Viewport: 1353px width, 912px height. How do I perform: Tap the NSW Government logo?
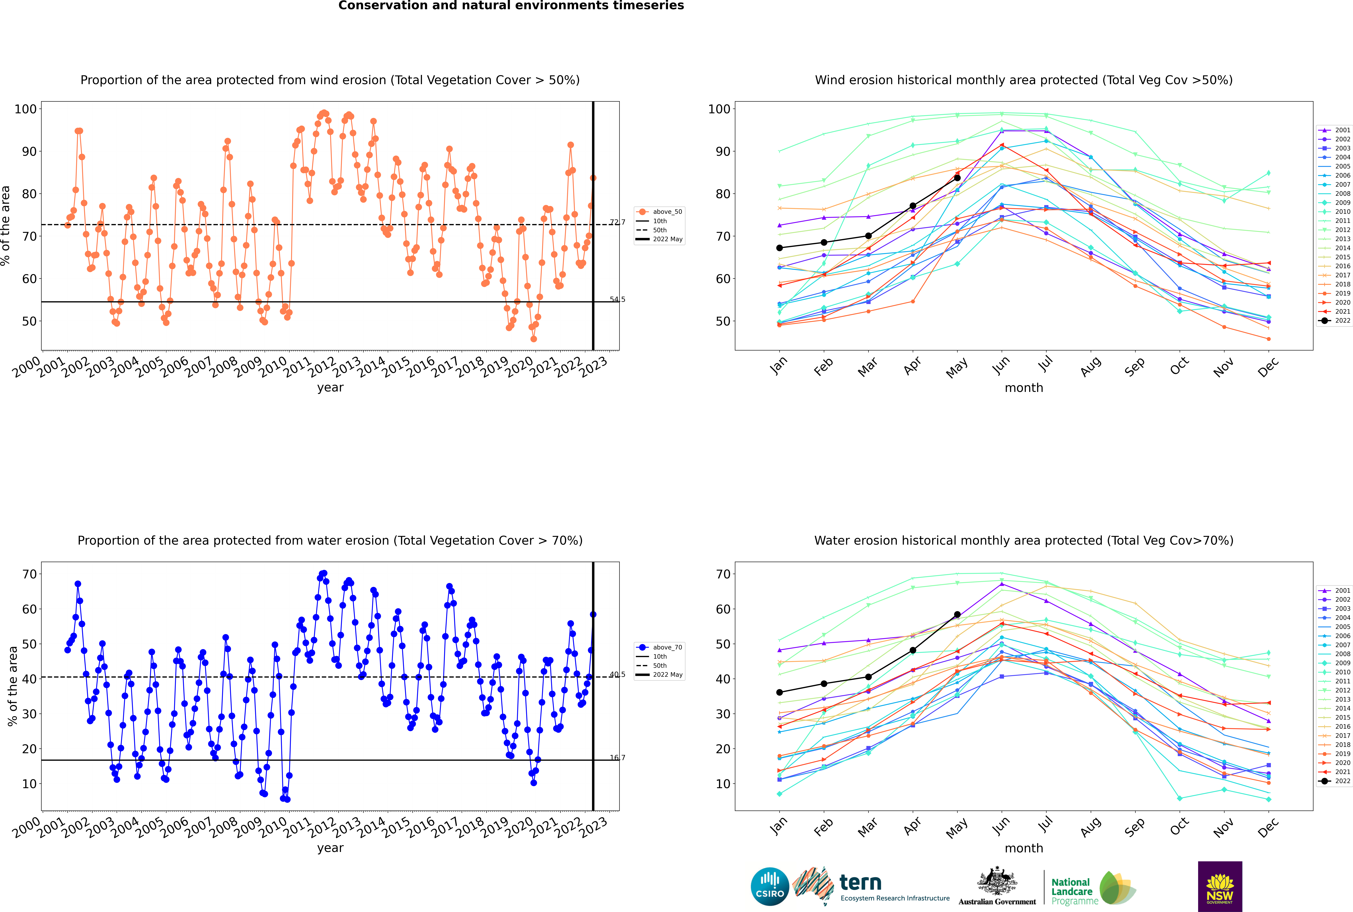click(x=1220, y=886)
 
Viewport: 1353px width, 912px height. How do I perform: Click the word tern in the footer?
click(x=860, y=883)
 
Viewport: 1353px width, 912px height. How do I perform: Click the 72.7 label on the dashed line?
click(x=617, y=222)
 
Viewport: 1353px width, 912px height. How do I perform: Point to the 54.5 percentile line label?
click(x=617, y=300)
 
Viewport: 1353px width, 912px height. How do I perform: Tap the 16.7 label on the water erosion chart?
click(x=617, y=757)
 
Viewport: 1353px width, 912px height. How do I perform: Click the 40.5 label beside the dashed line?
click(x=617, y=675)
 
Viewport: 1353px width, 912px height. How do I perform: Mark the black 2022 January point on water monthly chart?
click(x=779, y=692)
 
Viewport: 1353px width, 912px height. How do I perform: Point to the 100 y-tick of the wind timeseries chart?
click(x=26, y=109)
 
